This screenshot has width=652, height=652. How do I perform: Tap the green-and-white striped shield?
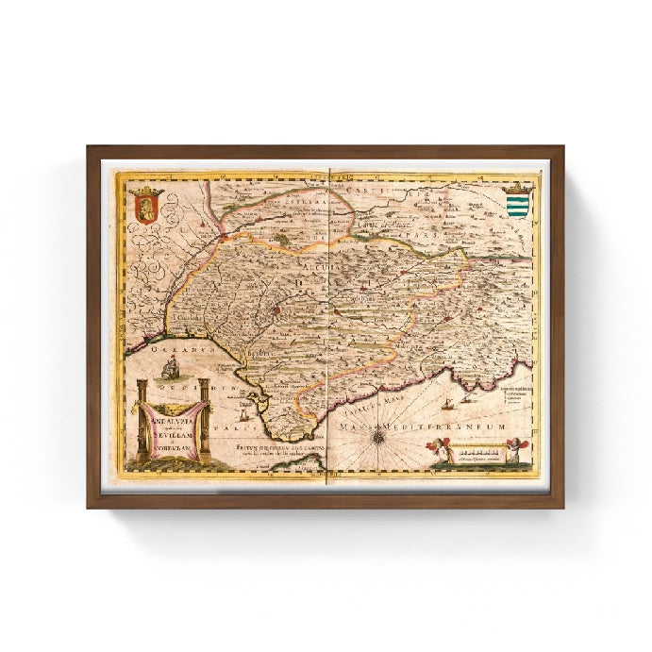[x=515, y=204]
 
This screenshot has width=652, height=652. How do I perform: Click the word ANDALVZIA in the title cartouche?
[x=172, y=410]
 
